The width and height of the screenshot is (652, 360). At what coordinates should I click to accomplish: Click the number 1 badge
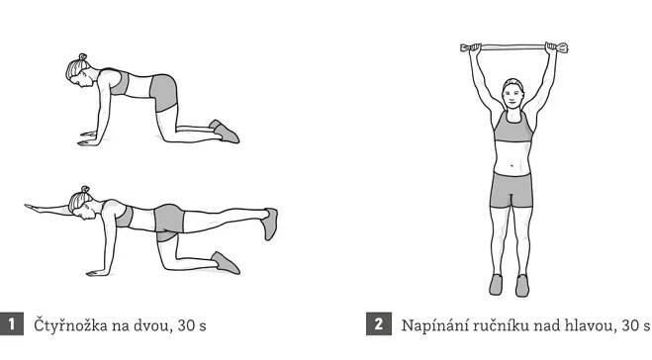(x=11, y=324)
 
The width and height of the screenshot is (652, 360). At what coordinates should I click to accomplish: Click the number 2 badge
(x=378, y=324)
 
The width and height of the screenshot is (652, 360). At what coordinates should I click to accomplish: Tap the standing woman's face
(x=513, y=96)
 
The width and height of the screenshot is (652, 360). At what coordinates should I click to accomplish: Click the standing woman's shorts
(x=512, y=190)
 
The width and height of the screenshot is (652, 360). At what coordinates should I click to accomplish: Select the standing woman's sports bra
(x=513, y=128)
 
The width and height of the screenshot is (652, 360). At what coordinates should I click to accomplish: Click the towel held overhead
(x=513, y=47)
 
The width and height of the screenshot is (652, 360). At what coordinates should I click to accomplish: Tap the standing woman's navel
(x=512, y=166)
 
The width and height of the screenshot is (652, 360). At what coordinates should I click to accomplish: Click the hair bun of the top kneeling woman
(x=83, y=56)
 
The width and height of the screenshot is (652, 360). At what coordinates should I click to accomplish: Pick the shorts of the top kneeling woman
(x=164, y=94)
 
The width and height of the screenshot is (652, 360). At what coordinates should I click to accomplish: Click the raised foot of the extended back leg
(x=270, y=224)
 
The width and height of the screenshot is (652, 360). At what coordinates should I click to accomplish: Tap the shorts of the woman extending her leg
(x=169, y=222)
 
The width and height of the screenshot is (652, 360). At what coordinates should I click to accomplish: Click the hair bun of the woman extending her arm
(x=85, y=190)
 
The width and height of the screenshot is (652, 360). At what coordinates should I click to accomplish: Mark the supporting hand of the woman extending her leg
(x=96, y=273)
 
